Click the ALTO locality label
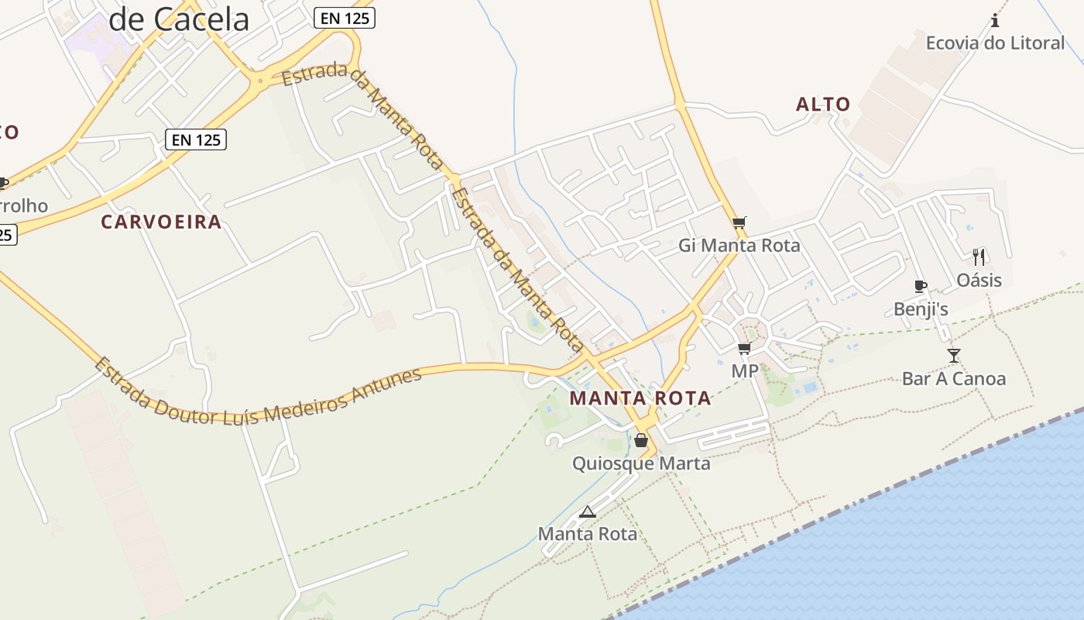(x=823, y=104)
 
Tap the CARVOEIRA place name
(x=161, y=222)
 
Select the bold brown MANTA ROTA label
(x=640, y=398)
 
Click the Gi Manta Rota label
(x=739, y=246)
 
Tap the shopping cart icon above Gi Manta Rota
(x=739, y=223)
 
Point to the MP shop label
(x=745, y=371)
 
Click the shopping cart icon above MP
(x=745, y=348)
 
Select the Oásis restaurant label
(x=979, y=280)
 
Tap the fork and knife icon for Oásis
(x=979, y=257)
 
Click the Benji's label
(x=921, y=309)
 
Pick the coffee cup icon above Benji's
(x=921, y=287)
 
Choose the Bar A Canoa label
(x=954, y=379)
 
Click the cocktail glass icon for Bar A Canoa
(x=954, y=356)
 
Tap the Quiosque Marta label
(x=641, y=463)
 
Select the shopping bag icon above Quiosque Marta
(x=641, y=441)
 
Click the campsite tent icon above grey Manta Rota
(x=588, y=511)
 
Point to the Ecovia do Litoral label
(x=995, y=43)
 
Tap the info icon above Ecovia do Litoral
(x=995, y=21)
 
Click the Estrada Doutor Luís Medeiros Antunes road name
(x=259, y=391)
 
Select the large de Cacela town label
(x=179, y=20)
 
